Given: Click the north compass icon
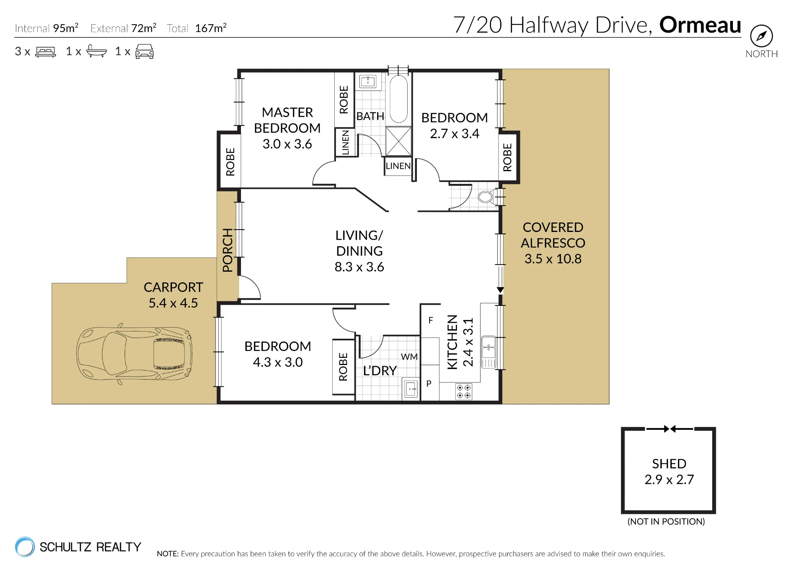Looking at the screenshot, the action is coord(761,36).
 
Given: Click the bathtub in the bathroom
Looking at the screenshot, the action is coord(399,99).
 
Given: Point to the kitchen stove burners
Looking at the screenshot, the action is coord(464,391).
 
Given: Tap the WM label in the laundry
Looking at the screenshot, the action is coord(409,357).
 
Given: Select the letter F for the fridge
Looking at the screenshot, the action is coord(431,320).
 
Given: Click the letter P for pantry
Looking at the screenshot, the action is coord(429,384).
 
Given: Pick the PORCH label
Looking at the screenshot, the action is coord(227,250).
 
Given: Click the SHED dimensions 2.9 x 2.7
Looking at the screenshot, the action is coord(669,479).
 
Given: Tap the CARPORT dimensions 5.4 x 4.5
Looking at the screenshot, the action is coord(173,303).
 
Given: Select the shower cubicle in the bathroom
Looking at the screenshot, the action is coord(399,141).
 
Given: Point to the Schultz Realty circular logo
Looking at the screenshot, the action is coord(25,547).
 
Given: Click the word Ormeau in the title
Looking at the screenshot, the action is coord(700,25).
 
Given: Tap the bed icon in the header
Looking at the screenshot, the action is coord(46,52).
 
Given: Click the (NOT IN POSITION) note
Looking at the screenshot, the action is coord(666,521).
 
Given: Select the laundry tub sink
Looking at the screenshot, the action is coord(411,389).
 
